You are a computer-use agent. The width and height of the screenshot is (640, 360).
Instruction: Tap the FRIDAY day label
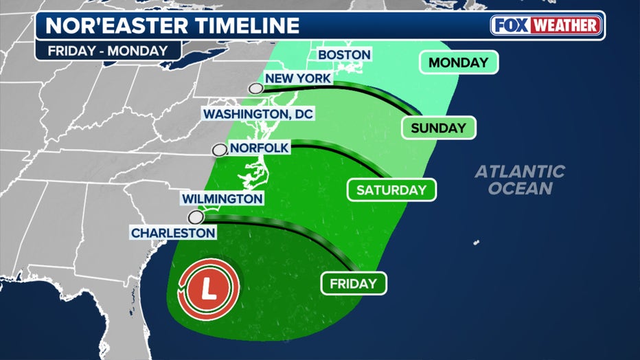coord(353,283)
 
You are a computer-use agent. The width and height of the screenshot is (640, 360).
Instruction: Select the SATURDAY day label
coord(391,190)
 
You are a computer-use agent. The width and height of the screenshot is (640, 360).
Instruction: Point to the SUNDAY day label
coord(438,127)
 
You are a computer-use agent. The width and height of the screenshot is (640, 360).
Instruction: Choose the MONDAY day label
coord(458,63)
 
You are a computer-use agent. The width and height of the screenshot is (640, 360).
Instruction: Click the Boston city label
coord(345,54)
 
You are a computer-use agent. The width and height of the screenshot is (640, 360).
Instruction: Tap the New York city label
coord(298,78)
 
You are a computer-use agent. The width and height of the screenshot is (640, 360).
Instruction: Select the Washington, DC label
coord(257,113)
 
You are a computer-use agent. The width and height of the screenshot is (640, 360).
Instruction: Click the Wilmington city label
coord(222,199)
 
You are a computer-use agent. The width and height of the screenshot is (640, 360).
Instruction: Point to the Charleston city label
coord(174,233)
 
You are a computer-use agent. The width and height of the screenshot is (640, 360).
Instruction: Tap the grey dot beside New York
coord(256,88)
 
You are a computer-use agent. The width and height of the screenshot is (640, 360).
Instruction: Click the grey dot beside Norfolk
coord(219,150)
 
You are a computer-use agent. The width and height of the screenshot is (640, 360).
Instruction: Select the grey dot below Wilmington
coord(196,218)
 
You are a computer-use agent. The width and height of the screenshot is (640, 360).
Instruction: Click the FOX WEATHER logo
coord(547,25)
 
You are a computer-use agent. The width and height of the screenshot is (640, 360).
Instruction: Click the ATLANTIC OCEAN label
coord(520,179)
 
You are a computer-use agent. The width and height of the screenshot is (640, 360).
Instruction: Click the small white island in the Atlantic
coord(476,243)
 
